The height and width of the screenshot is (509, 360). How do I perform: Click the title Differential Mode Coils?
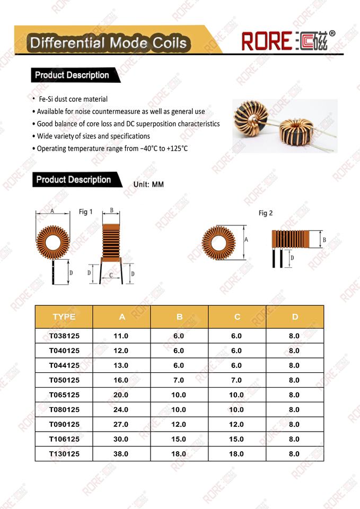(109, 43)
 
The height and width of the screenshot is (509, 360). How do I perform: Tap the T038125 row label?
(64, 336)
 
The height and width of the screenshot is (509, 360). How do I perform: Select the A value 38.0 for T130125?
(121, 454)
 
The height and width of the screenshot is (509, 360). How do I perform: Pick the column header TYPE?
(64, 317)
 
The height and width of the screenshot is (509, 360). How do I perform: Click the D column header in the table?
(295, 317)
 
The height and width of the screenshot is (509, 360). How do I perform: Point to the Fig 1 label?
(86, 212)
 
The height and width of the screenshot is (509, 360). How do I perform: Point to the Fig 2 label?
(266, 213)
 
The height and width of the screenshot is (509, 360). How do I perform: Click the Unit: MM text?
(149, 185)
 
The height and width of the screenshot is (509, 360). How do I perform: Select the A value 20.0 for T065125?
(121, 395)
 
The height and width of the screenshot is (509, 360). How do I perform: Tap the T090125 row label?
(64, 424)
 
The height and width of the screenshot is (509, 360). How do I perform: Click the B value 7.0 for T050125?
(179, 380)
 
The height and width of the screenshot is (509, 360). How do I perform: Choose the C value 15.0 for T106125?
(237, 439)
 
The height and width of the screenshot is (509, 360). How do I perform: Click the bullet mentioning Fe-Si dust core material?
(73, 99)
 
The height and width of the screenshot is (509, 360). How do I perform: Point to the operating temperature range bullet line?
(112, 148)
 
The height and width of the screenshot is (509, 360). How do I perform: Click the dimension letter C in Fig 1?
(111, 275)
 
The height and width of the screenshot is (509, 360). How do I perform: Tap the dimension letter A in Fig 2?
(246, 240)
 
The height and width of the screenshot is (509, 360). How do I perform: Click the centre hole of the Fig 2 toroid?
(218, 243)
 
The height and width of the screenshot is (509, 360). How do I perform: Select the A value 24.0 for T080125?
(121, 409)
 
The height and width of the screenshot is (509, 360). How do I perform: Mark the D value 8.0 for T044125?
(295, 365)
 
